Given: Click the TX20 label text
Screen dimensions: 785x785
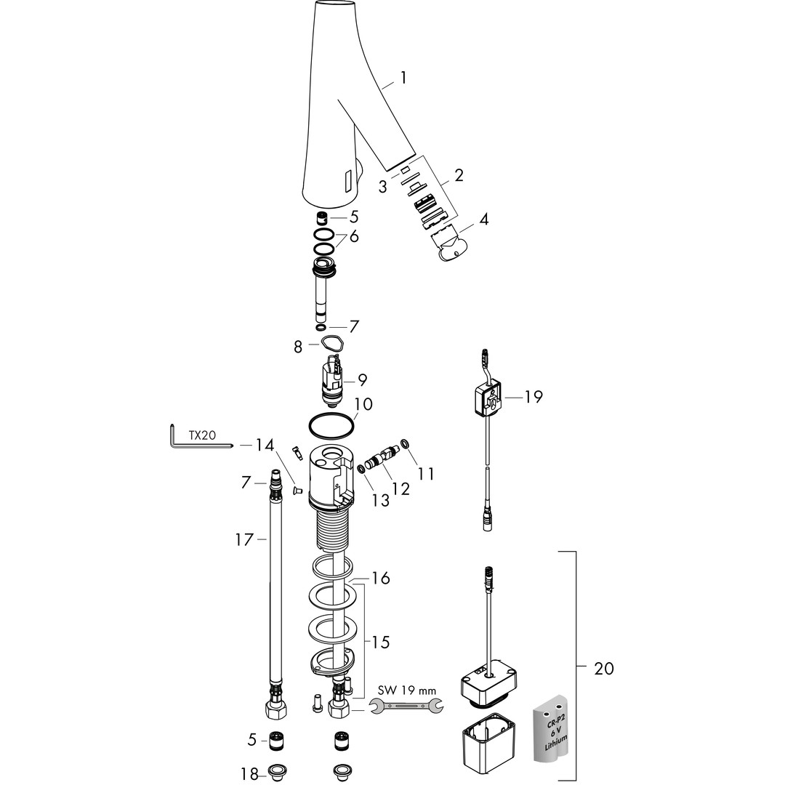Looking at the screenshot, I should pos(204,435).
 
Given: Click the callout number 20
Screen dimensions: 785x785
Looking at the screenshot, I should pos(603,668).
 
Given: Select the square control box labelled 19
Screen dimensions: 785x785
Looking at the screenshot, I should pos(488,400).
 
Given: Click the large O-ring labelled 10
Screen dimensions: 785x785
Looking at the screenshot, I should pos(331,425).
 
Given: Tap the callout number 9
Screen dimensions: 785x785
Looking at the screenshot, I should pos(362,380).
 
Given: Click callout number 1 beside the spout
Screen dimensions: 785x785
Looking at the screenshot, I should pos(403,78).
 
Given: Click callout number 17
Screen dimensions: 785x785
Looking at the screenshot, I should pos(244,539).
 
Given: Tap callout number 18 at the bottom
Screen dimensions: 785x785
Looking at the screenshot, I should pos(249,774).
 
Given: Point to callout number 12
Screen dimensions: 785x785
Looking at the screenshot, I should pos(400,488).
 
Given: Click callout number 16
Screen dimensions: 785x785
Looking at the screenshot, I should pos(380,579).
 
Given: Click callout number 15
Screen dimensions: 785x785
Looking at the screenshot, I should pos(380,643).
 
